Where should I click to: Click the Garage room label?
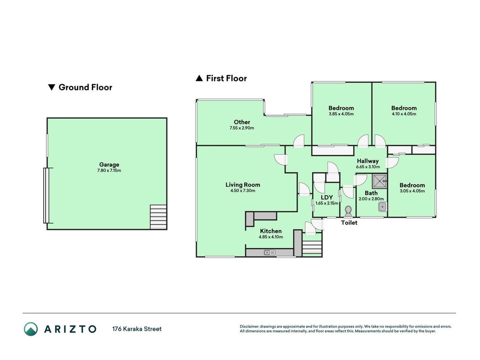(x=109, y=165)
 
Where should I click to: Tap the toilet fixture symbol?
(x=348, y=211)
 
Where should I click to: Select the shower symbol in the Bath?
(x=380, y=181)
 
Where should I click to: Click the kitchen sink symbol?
(x=270, y=252)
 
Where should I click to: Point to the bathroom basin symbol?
(x=382, y=207)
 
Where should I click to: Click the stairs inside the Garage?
(x=158, y=217)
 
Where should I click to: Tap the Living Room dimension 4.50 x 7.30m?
(x=243, y=191)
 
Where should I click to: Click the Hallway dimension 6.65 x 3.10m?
(x=368, y=167)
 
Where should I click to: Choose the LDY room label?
(x=327, y=198)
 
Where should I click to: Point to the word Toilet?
(x=349, y=223)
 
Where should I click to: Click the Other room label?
(x=242, y=122)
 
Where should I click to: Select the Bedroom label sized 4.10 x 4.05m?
(x=404, y=108)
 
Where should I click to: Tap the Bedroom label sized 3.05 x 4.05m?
(x=412, y=185)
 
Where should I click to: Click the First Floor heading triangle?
(x=199, y=78)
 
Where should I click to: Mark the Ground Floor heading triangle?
(x=51, y=88)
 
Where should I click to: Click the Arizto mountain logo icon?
(x=31, y=329)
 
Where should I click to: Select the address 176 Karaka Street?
(x=137, y=329)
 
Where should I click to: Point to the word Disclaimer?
(x=249, y=327)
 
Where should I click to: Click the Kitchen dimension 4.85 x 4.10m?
(x=271, y=237)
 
